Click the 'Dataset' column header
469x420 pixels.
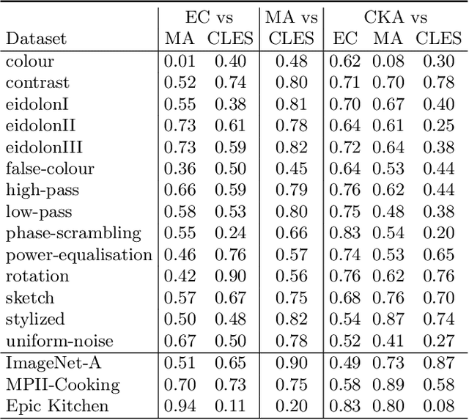(x=35, y=38)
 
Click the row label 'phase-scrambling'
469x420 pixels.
(x=73, y=234)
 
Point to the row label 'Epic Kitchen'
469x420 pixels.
(x=57, y=405)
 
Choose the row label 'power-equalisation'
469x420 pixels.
(x=79, y=255)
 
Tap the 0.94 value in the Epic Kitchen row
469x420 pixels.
(x=179, y=405)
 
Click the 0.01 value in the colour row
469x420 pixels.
(x=179, y=62)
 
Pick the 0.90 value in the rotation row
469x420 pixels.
(x=229, y=276)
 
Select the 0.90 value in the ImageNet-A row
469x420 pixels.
(x=291, y=363)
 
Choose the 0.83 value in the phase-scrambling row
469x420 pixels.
(x=344, y=234)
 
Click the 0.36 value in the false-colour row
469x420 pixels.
(x=179, y=169)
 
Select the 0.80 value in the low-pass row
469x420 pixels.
(x=291, y=213)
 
